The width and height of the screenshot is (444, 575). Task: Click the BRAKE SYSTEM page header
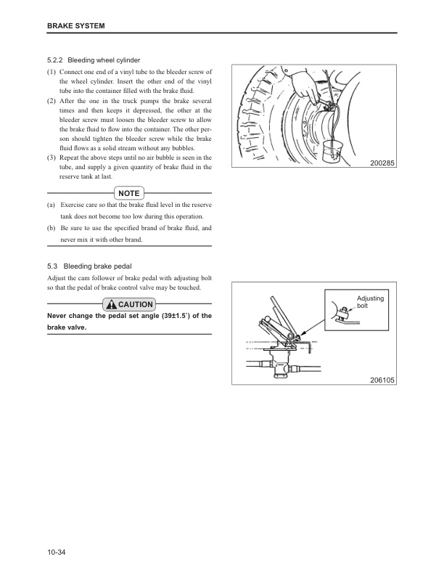76,27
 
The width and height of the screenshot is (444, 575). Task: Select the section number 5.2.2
57,60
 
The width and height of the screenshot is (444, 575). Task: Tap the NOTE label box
128,193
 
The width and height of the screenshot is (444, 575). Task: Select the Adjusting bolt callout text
370,302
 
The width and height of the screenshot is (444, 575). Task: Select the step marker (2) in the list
52,100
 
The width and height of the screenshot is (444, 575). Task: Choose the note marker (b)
52,228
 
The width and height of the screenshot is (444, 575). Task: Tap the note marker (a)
52,205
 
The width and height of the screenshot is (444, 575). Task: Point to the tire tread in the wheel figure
250,109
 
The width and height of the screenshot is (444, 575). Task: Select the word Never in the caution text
58,316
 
